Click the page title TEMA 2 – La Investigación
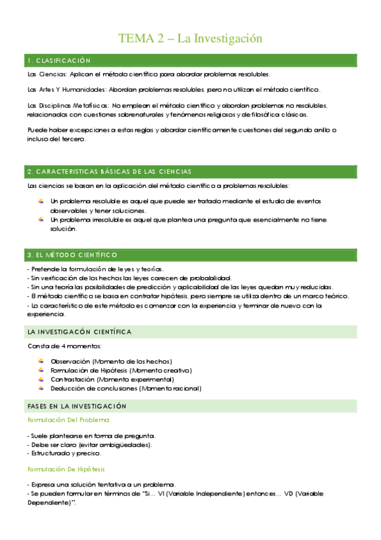pos(190,39)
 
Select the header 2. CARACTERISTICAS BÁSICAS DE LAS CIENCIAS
pos(109,172)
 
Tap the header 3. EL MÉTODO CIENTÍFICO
pos(72,255)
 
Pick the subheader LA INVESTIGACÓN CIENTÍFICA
pos(79,332)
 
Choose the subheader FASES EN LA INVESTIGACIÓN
pos(76,406)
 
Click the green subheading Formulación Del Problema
pos(67,420)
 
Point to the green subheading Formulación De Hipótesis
pos(66,469)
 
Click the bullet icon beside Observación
pos(41,361)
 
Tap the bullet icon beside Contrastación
pos(41,379)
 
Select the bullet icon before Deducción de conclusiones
pos(41,388)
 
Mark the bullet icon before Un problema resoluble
pos(41,201)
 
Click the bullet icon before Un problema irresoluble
pos(41,219)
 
